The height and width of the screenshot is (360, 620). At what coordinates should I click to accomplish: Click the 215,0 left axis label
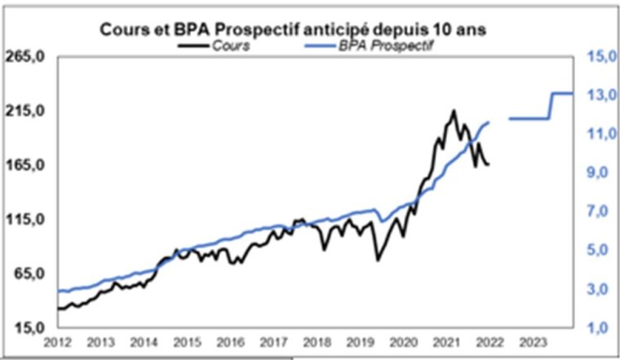[x=29, y=111]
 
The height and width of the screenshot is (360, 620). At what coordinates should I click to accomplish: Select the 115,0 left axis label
[x=29, y=220]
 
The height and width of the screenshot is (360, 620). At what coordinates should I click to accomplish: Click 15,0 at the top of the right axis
[x=599, y=57]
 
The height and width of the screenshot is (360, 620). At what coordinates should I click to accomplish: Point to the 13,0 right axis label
[x=599, y=96]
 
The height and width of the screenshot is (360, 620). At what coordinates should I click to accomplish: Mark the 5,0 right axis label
[x=599, y=250]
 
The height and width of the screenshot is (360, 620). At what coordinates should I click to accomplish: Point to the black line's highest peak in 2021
[x=454, y=110]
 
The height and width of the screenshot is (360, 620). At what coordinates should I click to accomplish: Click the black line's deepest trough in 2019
[x=377, y=260]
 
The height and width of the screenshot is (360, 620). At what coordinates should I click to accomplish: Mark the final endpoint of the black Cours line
[x=489, y=165]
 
